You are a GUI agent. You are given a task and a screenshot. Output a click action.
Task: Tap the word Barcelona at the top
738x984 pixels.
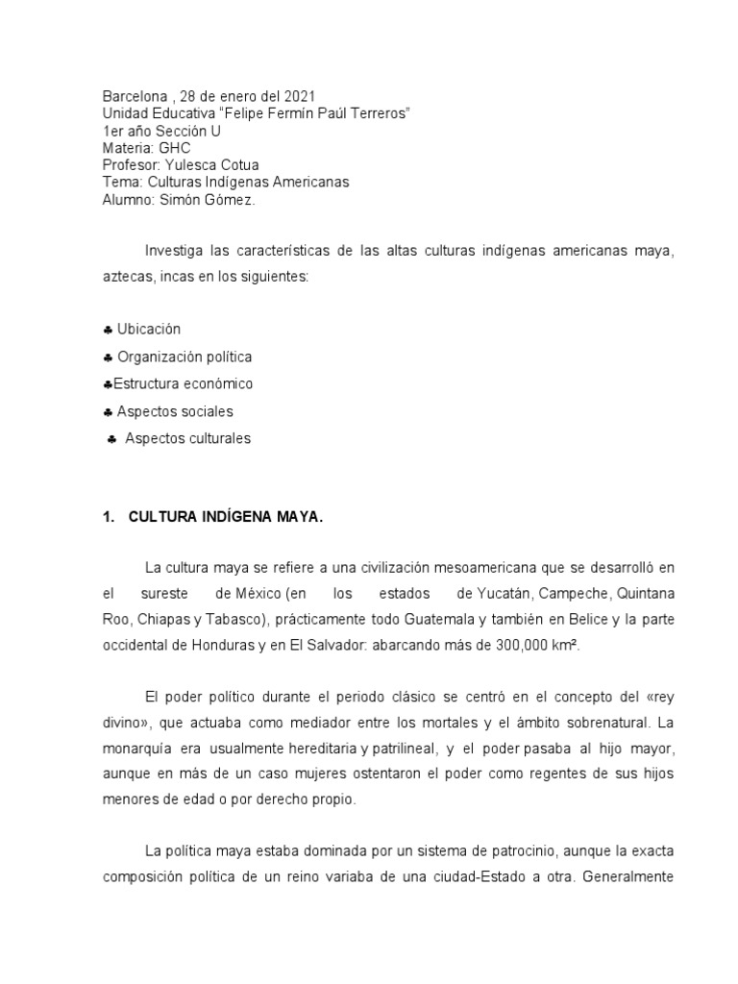(133, 96)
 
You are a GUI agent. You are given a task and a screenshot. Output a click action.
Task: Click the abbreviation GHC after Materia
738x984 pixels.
(175, 148)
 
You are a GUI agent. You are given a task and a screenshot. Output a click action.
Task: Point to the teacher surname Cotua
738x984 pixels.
(239, 165)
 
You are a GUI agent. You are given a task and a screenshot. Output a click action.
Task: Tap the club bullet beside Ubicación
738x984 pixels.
(108, 330)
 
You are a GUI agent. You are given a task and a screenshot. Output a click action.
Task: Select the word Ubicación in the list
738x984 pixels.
(149, 330)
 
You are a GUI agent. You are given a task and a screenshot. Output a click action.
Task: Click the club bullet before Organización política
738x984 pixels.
(108, 357)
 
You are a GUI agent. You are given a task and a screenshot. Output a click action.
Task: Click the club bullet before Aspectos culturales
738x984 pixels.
(112, 439)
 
